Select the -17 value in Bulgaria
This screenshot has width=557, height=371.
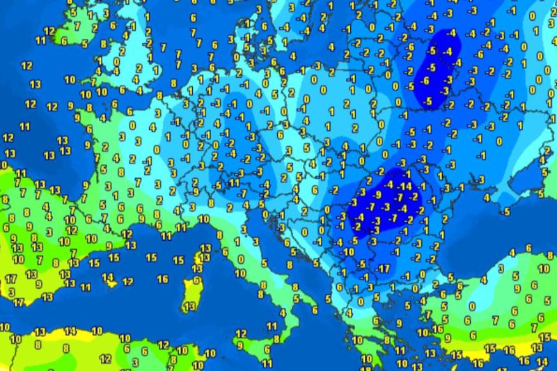click(382, 269)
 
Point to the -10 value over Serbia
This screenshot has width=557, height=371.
click(350, 243)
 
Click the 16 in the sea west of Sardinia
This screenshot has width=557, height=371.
click(162, 279)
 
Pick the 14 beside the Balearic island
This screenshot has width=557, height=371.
click(108, 277)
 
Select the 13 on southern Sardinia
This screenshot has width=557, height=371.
click(187, 306)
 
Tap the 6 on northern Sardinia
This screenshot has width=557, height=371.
click(196, 280)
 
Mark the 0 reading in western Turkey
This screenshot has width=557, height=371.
click(473, 306)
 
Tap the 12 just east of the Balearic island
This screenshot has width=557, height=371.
click(127, 281)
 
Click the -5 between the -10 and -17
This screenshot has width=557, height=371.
click(361, 263)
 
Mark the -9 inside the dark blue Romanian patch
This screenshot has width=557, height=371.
click(377, 196)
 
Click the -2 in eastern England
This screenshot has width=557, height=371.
click(148, 43)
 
